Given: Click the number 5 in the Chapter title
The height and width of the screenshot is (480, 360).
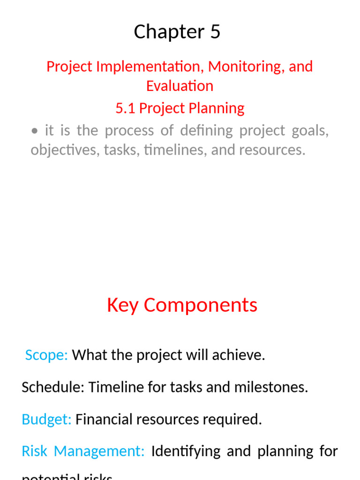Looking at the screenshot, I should (x=215, y=32).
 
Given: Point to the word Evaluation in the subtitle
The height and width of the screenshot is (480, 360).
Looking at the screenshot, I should (x=180, y=86).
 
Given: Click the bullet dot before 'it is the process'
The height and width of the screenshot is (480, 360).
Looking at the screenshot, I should (x=35, y=131).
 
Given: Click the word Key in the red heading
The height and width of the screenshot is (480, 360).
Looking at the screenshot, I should (x=123, y=305).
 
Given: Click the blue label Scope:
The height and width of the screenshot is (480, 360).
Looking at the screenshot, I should (x=46, y=355).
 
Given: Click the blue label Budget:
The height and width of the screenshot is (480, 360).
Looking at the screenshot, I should (x=46, y=419).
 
